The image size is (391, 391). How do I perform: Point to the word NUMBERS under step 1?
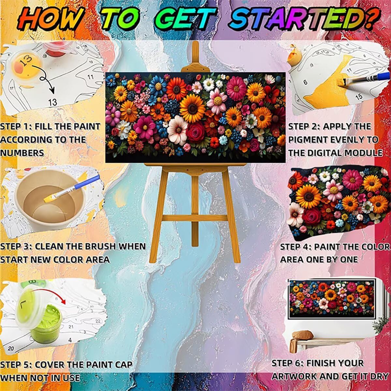click(22, 153)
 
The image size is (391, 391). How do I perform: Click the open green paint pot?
click(46, 324)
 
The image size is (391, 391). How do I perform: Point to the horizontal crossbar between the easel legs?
click(195, 218)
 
